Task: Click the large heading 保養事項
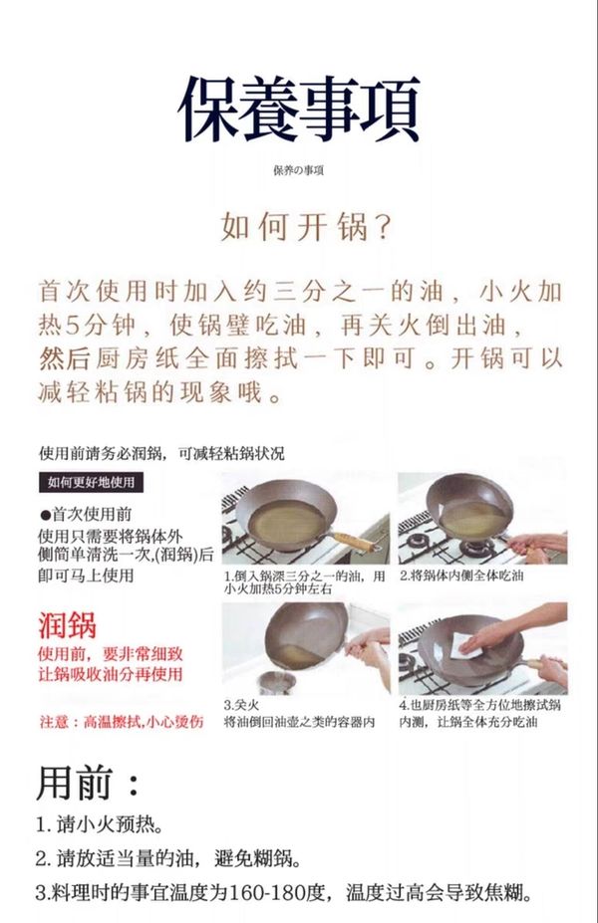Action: click(299, 110)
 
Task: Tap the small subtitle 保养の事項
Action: click(298, 170)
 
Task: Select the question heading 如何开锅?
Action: click(306, 227)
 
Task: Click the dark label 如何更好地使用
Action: click(92, 482)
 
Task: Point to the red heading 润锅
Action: click(67, 625)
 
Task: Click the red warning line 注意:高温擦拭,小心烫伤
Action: click(122, 722)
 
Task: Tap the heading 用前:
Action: click(89, 783)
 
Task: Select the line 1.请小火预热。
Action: click(99, 824)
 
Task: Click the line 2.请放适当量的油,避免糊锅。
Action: click(168, 859)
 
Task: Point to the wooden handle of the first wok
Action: click(355, 541)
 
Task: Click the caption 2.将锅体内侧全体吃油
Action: click(461, 576)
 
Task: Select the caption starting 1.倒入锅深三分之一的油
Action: click(305, 582)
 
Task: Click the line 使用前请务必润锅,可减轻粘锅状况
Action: click(161, 453)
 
